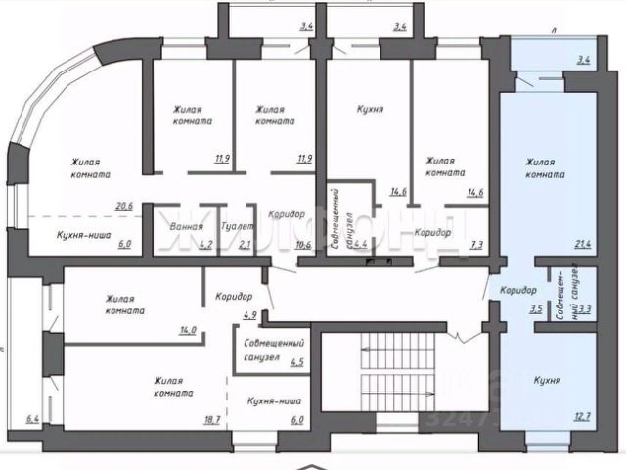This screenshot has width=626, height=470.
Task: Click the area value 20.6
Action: pyautogui.click(x=122, y=206)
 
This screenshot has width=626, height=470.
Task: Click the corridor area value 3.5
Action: pyautogui.click(x=535, y=309)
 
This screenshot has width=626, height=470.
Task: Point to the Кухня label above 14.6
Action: pyautogui.click(x=369, y=111)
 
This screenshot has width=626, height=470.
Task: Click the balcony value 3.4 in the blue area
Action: pyautogui.click(x=584, y=61)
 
